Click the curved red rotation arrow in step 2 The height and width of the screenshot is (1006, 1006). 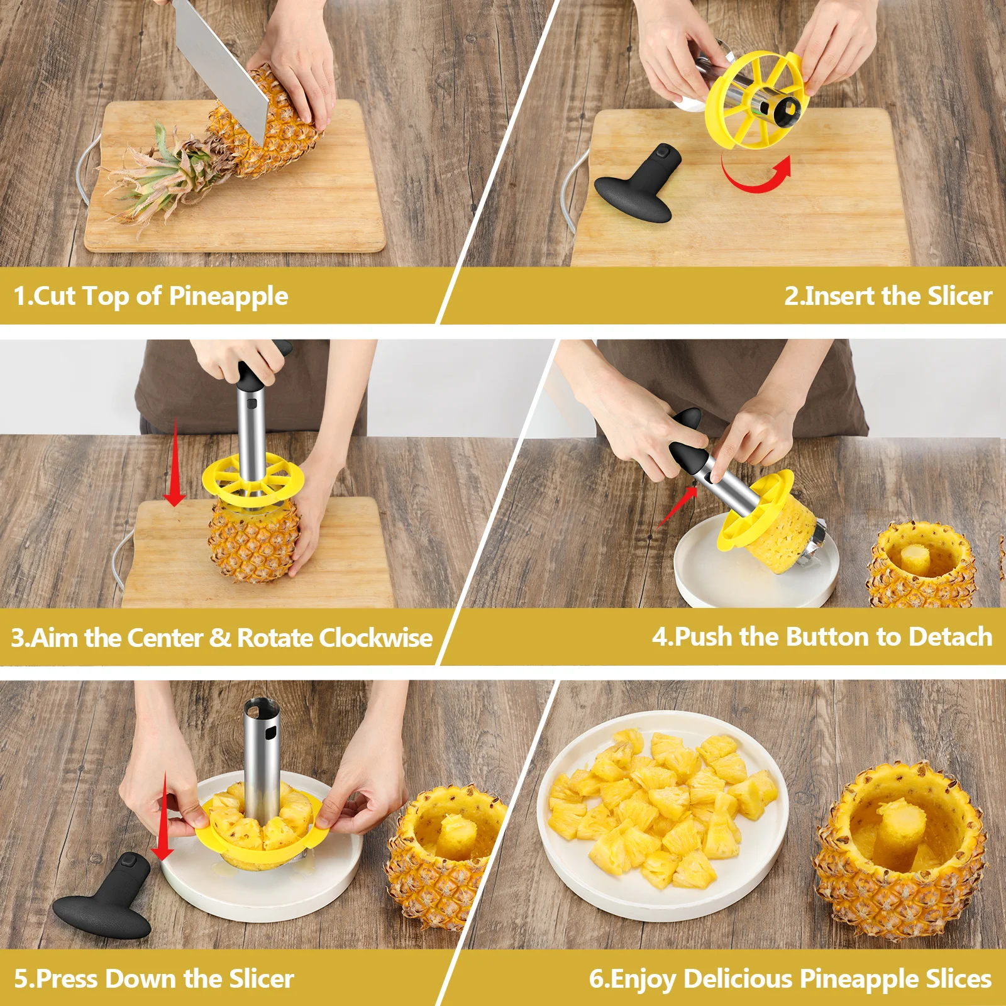click(754, 176)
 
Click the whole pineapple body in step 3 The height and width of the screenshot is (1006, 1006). click(251, 541)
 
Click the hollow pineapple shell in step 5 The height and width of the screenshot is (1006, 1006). click(440, 861)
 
